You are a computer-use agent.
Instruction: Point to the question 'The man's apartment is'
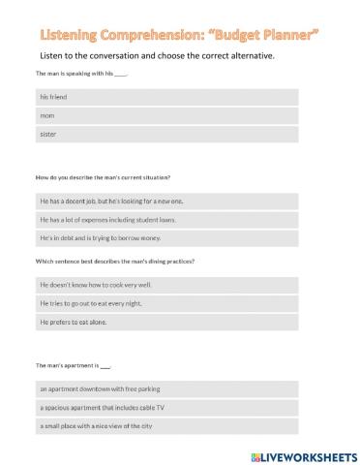click(x=73, y=365)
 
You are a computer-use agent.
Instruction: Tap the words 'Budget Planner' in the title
click(x=270, y=34)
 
